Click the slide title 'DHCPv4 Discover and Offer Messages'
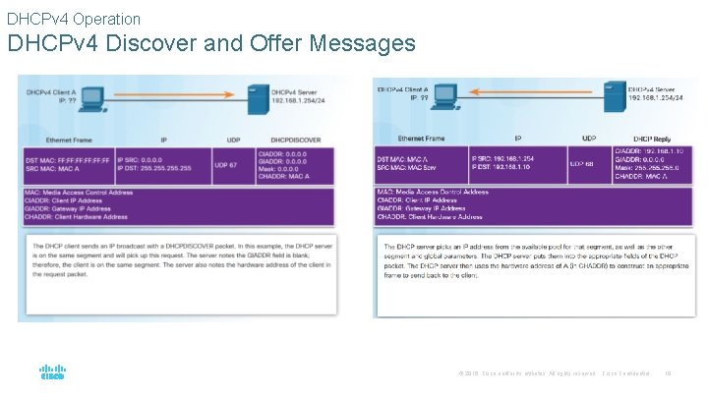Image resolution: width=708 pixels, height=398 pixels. pos(211,45)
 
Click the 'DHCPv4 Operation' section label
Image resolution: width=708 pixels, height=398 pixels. pos(74,19)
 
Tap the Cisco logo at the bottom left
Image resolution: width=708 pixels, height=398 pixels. pos(51,373)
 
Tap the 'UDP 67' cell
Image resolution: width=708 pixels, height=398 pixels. pos(225,165)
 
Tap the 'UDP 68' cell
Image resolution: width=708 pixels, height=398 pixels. pos(582,164)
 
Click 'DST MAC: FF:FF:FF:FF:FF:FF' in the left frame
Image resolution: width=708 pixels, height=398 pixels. pos(68,160)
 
